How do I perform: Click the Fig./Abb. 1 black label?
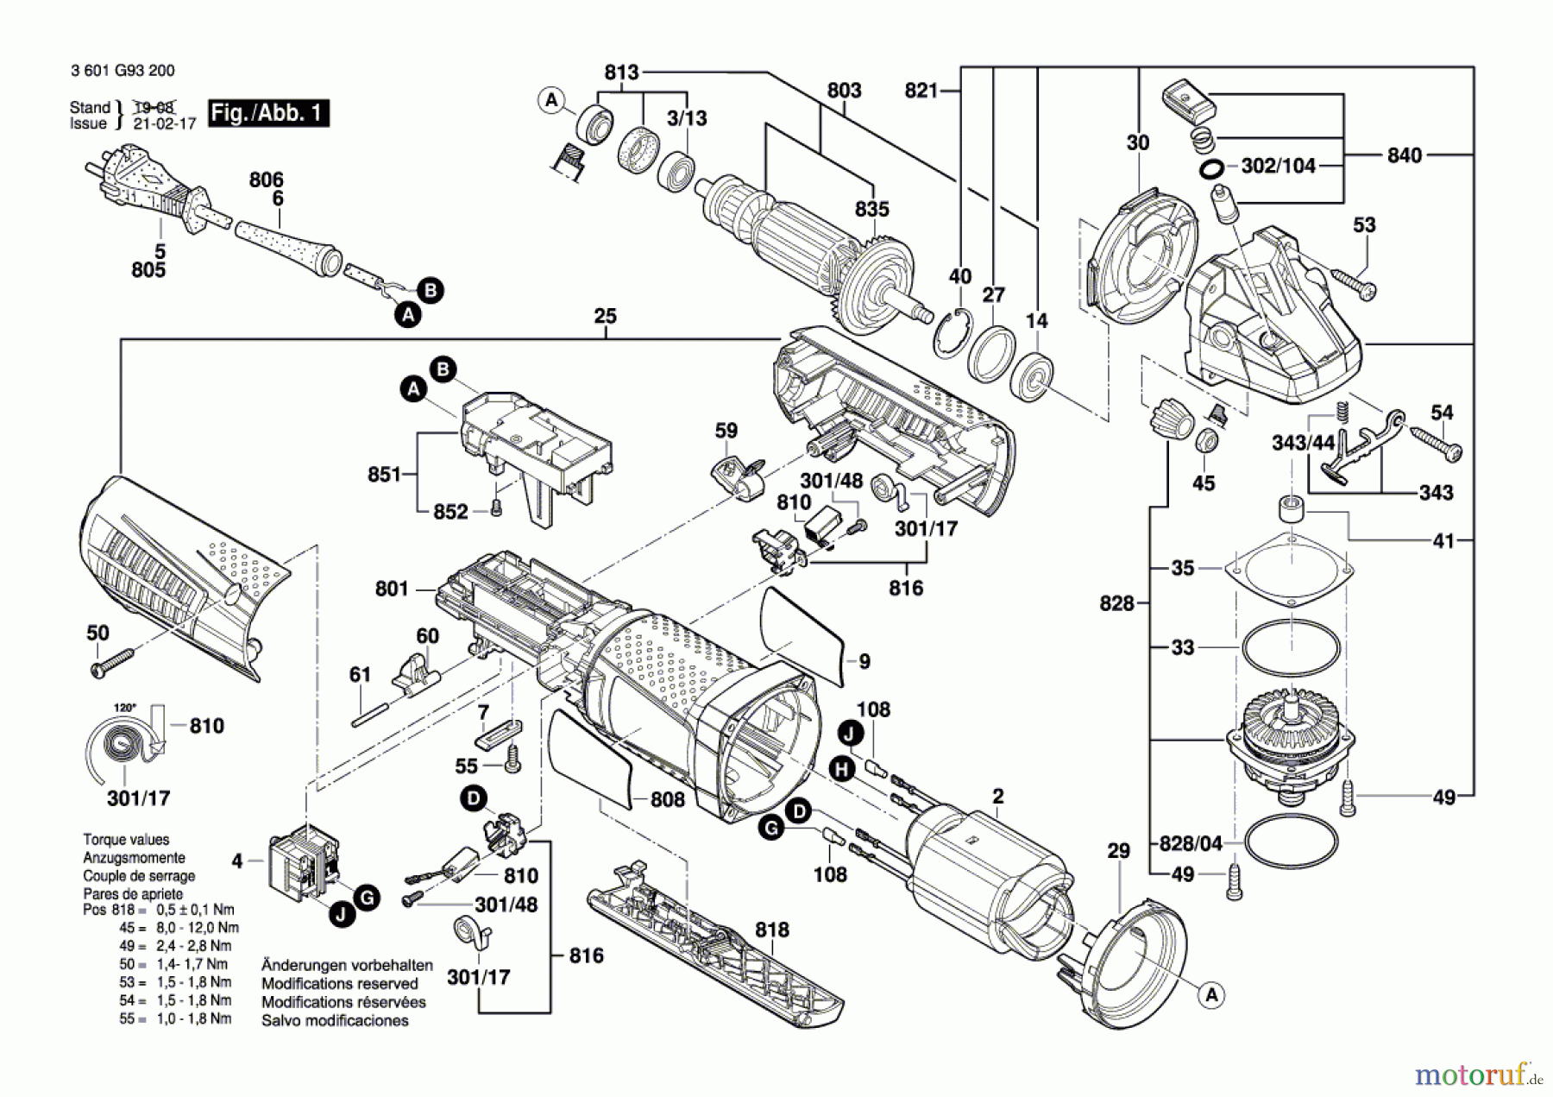click(x=268, y=113)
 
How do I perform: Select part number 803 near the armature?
click(x=843, y=91)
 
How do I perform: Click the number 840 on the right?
click(x=1404, y=155)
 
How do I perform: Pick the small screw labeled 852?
click(x=495, y=510)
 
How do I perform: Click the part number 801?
click(x=392, y=589)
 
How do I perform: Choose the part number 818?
click(x=771, y=930)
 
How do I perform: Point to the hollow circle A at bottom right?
click(x=1212, y=995)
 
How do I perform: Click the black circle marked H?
click(x=843, y=770)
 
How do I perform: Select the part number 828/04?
click(x=1191, y=842)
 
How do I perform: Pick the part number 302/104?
click(x=1278, y=166)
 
